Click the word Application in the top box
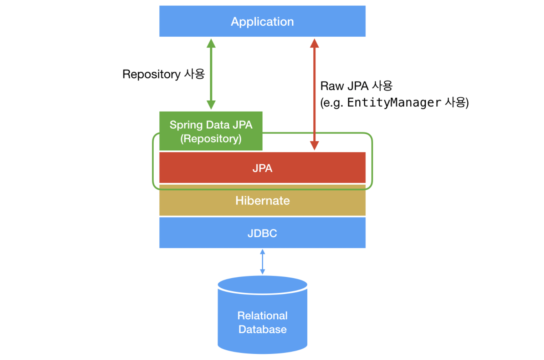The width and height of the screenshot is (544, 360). point(262,22)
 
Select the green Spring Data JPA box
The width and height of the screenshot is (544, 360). point(211,131)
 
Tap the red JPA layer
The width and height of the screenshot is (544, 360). point(262,168)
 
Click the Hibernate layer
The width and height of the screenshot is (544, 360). point(262,201)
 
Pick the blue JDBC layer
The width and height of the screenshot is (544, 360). point(262,233)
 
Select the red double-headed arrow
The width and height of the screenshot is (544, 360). point(314,94)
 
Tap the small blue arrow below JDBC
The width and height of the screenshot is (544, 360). point(262,262)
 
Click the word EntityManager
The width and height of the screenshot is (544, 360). point(394,103)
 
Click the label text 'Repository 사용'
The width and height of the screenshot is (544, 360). point(164,74)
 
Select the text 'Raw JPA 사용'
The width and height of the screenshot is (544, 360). point(356,86)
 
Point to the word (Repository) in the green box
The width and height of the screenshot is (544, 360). point(211,139)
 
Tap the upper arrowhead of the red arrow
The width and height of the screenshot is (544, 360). point(314,43)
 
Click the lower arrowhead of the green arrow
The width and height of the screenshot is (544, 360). point(211,105)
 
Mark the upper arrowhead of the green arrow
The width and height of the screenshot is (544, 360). point(211,43)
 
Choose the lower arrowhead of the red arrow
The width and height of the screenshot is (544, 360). point(314,145)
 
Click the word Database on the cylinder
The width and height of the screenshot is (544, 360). point(262,329)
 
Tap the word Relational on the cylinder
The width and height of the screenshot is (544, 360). point(262,315)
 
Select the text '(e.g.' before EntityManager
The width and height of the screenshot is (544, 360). point(332,103)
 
